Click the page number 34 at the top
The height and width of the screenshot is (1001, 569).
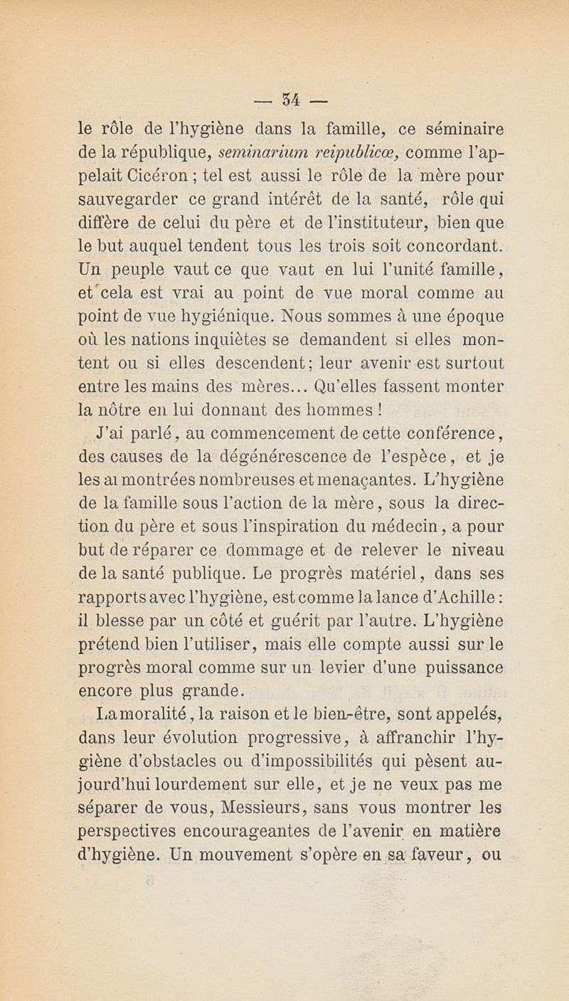tap(286, 95)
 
